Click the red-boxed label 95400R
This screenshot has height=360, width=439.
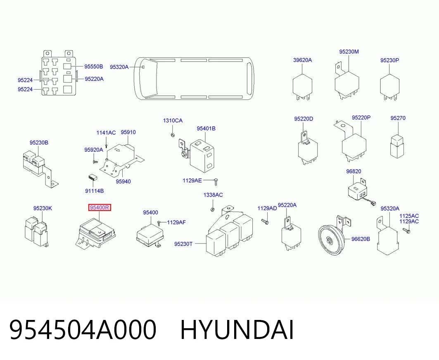click(100, 207)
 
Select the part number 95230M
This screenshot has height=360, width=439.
click(349, 52)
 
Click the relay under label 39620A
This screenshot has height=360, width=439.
click(302, 86)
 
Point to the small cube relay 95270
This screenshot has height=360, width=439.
click(397, 146)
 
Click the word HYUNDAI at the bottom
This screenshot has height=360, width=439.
click(237, 330)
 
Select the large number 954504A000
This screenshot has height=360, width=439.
click(83, 330)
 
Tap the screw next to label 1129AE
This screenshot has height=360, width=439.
click(216, 182)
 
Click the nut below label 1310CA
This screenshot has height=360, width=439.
click(173, 135)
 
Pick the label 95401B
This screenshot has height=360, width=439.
click(206, 128)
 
